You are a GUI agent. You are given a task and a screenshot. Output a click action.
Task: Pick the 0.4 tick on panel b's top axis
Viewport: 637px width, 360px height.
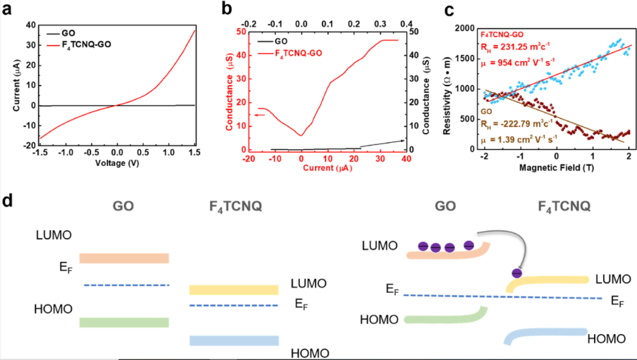click(x=406, y=23)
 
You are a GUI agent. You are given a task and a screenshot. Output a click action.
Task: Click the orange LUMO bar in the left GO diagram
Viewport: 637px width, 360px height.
click(x=124, y=258)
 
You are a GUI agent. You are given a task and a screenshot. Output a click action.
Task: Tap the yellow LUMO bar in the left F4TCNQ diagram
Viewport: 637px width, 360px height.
click(x=234, y=290)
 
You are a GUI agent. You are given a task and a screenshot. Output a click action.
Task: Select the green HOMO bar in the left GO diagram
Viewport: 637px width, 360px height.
click(x=124, y=322)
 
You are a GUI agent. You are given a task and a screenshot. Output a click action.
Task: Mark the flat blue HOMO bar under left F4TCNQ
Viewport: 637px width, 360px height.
click(x=234, y=341)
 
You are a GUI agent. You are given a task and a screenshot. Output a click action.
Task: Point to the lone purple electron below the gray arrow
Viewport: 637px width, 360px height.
click(x=517, y=273)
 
